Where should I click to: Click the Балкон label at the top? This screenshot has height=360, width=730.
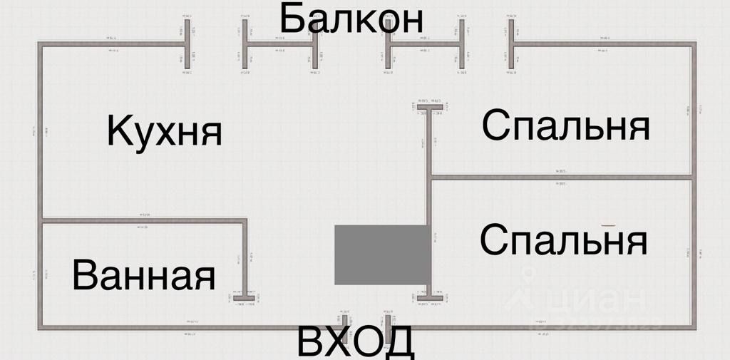(351, 19)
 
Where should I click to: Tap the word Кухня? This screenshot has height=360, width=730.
(164, 131)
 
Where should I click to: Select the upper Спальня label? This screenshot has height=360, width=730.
(565, 126)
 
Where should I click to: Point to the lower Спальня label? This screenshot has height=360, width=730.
(563, 240)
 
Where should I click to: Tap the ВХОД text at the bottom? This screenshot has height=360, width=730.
(354, 342)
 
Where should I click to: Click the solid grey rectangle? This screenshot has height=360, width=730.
(382, 254)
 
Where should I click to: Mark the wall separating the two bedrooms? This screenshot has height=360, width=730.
(560, 176)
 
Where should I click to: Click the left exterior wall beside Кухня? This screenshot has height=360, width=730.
(41, 132)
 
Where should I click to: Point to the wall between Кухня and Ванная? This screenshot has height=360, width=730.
(143, 221)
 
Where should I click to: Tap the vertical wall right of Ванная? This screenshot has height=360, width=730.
(245, 257)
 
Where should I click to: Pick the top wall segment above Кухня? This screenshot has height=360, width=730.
(110, 45)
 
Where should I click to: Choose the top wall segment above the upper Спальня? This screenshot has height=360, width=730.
(602, 45)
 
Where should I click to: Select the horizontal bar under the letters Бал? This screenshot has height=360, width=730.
(280, 45)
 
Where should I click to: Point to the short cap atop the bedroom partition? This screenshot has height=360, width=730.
(430, 108)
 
